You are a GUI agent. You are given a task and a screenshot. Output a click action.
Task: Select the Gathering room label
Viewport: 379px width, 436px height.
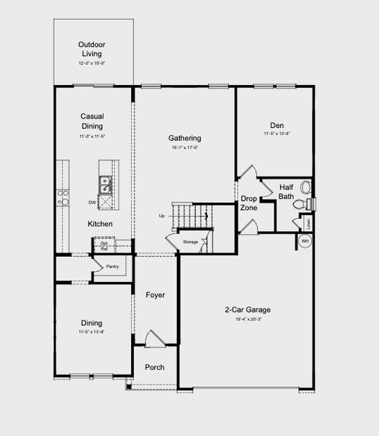click(184, 138)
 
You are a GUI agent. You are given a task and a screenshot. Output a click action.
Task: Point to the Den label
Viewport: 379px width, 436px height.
click(276, 124)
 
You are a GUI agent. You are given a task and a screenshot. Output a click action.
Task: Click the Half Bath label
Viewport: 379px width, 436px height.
click(287, 192)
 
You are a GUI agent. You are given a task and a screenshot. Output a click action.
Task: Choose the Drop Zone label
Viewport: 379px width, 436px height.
click(249, 203)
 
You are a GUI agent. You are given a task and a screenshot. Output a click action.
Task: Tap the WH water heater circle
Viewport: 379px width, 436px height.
click(306, 241)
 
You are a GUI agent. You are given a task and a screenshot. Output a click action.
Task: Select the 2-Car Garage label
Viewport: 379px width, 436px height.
click(247, 310)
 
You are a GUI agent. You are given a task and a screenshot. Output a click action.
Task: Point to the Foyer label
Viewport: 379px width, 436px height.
click(155, 295)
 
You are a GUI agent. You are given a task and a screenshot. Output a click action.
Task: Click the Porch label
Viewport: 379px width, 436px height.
click(154, 367)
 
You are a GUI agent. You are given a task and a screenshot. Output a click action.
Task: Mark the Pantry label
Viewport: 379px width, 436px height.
click(112, 267)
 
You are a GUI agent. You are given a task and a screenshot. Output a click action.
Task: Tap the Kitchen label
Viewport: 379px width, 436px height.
click(100, 224)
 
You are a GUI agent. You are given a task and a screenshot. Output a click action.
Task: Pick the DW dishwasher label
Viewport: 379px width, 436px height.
click(92, 202)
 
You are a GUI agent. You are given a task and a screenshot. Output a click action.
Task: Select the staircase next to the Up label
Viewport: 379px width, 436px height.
click(191, 214)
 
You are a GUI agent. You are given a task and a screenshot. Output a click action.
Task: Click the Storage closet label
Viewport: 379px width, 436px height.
click(190, 241)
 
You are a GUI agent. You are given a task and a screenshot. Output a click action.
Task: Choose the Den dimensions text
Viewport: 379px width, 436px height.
click(276, 134)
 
